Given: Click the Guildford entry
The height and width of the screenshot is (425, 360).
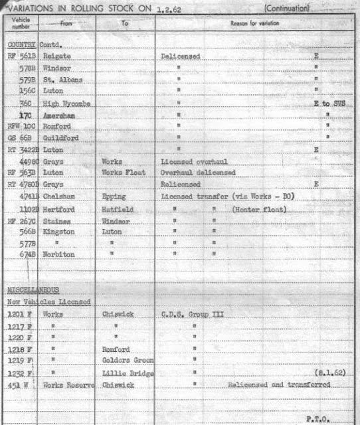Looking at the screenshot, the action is (58, 138).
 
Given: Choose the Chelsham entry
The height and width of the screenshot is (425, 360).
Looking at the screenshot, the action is (58, 197).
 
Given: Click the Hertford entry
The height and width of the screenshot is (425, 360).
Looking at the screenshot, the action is (58, 209).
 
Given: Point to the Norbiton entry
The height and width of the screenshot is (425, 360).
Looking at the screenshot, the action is (58, 254).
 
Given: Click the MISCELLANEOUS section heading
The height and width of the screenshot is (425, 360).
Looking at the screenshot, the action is (33, 290).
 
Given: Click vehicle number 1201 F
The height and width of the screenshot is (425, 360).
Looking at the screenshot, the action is (20, 313).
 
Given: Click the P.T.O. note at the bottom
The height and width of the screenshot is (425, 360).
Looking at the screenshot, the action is (317, 418).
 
